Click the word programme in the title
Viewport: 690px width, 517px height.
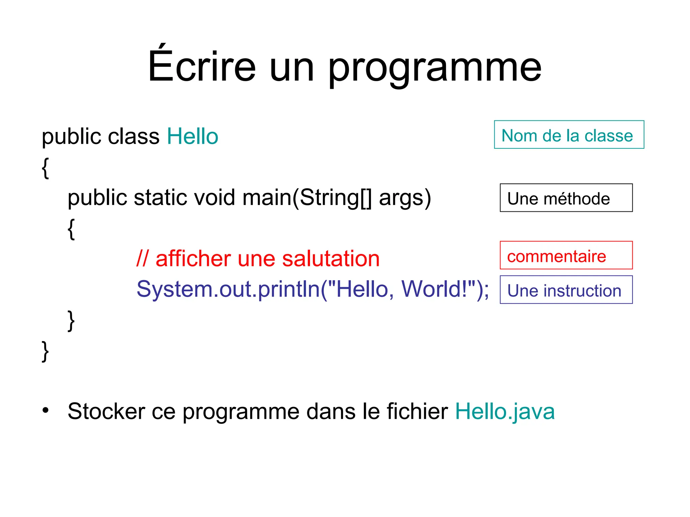pos(434,67)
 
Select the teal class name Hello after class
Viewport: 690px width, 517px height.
pos(192,136)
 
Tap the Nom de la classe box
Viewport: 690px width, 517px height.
pos(569,135)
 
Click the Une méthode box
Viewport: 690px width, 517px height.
pos(566,198)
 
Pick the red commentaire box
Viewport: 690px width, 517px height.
pos(566,255)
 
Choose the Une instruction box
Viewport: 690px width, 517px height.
pos(566,290)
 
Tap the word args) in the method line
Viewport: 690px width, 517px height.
pos(405,198)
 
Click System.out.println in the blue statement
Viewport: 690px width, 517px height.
pos(228,289)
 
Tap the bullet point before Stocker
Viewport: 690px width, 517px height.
pos(45,410)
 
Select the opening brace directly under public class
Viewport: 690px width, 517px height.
pos(45,168)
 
